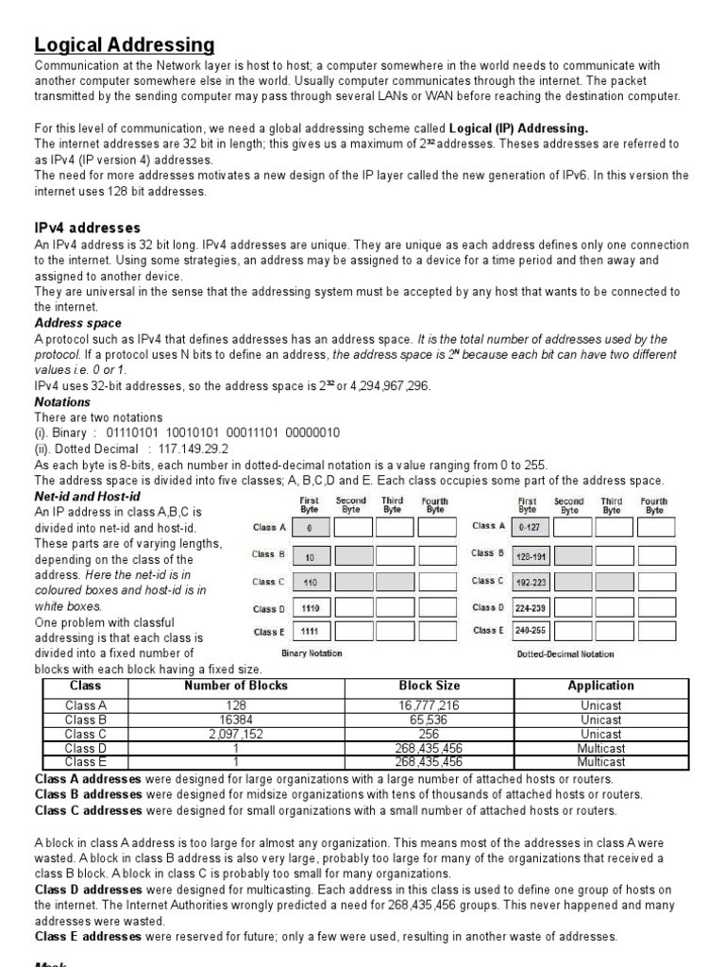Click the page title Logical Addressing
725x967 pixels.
coord(125,44)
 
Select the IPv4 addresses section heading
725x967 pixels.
coord(88,228)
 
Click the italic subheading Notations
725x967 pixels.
coord(62,401)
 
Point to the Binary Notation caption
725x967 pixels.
coord(312,653)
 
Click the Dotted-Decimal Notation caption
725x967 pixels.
coord(565,653)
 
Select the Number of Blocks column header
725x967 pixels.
coord(236,687)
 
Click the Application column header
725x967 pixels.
coord(600,687)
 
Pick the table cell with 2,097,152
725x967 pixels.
coord(236,734)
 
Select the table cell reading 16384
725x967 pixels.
coord(236,720)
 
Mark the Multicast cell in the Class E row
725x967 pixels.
coord(600,761)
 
